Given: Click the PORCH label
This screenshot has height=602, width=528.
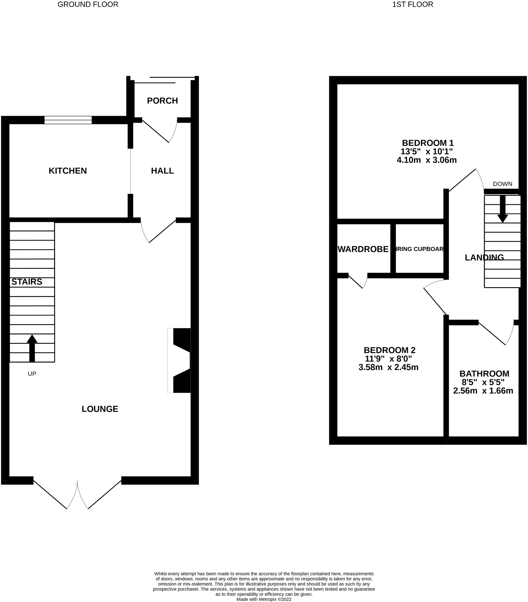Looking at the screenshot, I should tap(162, 101).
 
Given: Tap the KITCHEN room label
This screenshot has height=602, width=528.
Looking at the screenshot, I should tap(68, 171).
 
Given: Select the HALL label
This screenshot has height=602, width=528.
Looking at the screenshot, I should tap(162, 171).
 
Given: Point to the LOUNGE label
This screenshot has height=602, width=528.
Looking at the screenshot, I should tap(100, 409).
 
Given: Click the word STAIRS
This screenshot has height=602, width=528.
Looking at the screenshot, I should tap(27, 282).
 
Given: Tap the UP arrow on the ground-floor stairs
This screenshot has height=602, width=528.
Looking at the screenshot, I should tap(32, 348).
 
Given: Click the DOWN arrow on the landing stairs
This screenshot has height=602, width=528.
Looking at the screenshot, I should tap(503, 209).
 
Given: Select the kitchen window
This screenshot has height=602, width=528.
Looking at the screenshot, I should tap(68, 120).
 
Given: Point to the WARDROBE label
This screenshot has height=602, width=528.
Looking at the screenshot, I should tap(363, 249).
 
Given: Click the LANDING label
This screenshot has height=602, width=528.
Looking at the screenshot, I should tap(484, 258).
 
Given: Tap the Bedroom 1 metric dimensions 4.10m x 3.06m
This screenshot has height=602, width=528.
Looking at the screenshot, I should tap(426, 160).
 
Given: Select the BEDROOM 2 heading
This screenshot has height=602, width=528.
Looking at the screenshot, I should tap(389, 350).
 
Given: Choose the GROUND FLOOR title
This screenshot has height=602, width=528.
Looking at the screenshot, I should tap(88, 4).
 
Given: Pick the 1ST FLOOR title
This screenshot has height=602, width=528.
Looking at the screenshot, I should tap(413, 4).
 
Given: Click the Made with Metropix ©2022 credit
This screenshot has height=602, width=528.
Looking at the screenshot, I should tap(264, 599).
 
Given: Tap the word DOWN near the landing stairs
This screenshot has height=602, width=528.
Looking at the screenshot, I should tap(502, 184).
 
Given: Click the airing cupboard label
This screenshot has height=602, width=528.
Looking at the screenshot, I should tap(420, 249).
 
